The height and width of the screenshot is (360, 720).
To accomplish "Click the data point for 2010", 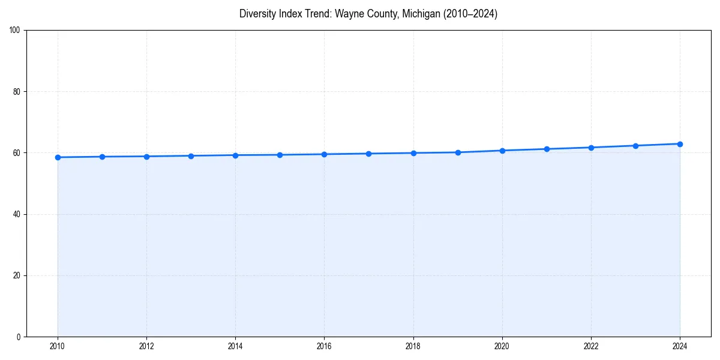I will coord(58,157).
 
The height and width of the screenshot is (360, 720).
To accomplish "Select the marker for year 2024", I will coord(680,144).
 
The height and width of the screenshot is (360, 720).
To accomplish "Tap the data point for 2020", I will coord(502,151).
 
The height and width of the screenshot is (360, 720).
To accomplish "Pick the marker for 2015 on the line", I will coord(280,155).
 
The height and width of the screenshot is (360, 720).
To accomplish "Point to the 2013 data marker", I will coord(191,156).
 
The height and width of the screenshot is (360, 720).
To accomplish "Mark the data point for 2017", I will coord(368,154).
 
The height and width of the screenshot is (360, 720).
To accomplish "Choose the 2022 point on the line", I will coord(591,148).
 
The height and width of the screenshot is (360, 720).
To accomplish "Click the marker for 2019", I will coord(458,152).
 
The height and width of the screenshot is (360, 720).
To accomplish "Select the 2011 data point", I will coord(102,157).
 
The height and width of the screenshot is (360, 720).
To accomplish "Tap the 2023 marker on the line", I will coord(635,146).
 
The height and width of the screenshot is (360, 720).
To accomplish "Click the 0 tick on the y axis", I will coord(19,337).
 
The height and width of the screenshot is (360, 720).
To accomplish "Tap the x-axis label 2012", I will coord(146,346).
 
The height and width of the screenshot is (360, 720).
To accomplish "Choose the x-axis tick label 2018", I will coord(413,346).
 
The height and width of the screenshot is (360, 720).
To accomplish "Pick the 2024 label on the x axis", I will coord(680,346).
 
